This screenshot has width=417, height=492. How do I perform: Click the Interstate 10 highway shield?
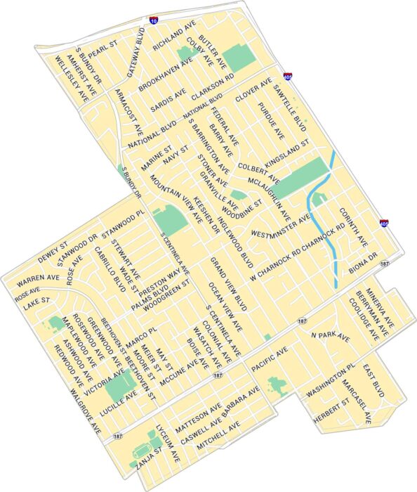(152, 21)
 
